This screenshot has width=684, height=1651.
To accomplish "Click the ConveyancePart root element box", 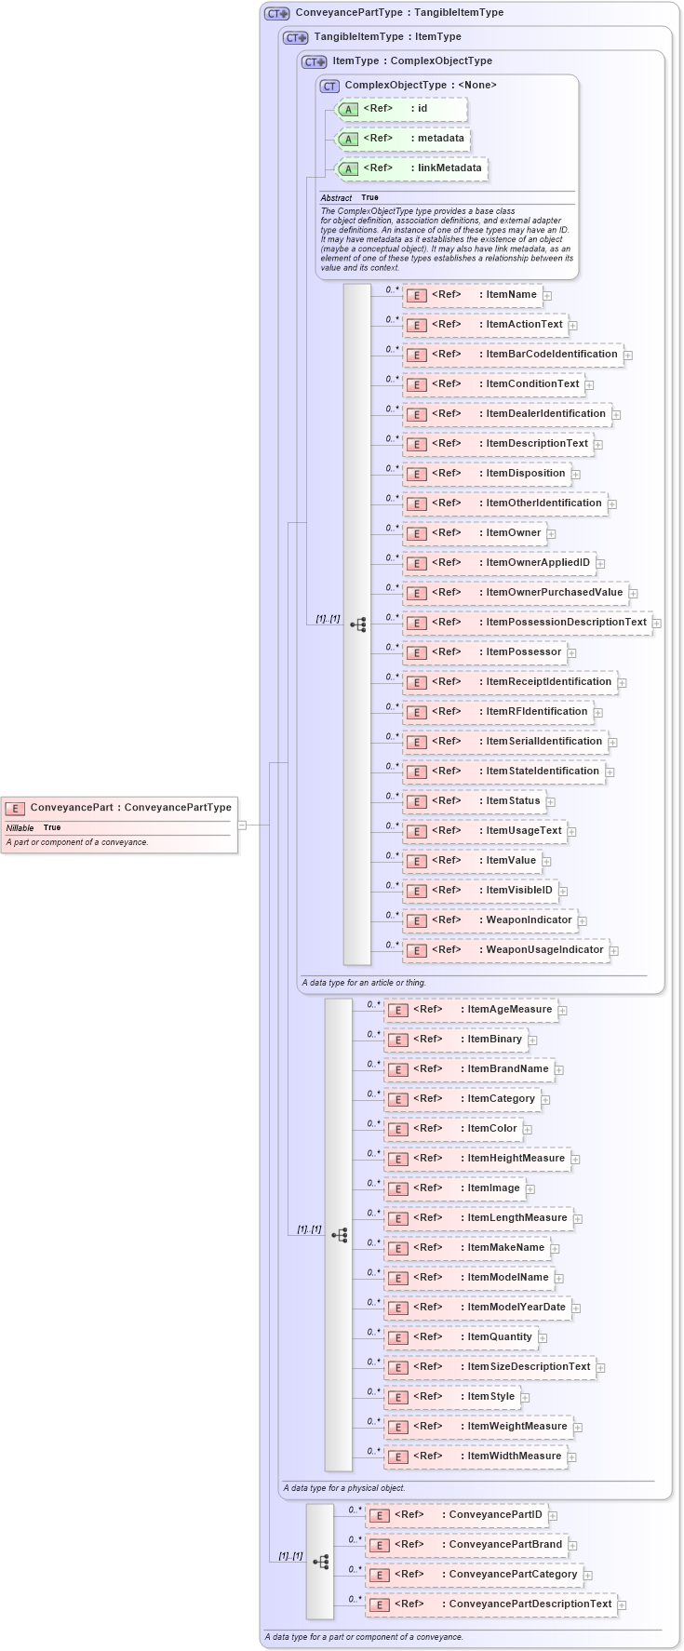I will (118, 808).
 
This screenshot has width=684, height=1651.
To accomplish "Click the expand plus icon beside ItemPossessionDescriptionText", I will (657, 623).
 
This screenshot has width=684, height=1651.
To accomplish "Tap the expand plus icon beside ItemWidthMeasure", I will (572, 1457).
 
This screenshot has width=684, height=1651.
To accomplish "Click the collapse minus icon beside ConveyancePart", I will (242, 825).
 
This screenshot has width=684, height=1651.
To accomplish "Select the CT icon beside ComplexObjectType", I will (329, 86).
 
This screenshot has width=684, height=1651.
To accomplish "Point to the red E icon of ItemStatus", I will (418, 801).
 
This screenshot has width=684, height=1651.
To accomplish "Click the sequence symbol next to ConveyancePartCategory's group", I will (321, 1562).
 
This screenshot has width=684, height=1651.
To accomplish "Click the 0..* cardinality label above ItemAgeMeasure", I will (373, 1004).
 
